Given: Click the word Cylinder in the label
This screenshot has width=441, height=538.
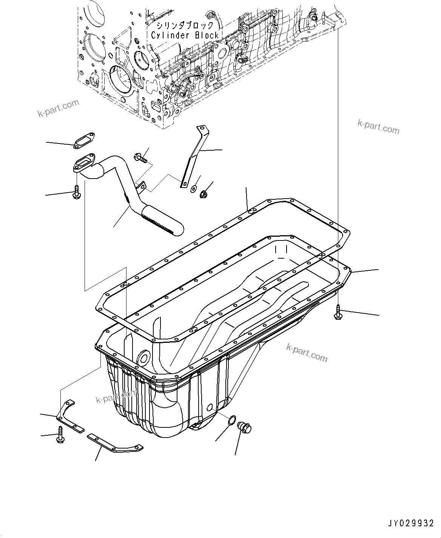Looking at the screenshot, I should [x=168, y=35].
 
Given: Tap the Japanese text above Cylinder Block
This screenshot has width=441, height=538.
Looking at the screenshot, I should [x=185, y=26].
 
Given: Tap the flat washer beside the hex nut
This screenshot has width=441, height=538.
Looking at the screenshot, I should [x=193, y=188].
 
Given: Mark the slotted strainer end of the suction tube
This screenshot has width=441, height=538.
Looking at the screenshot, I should [x=162, y=223].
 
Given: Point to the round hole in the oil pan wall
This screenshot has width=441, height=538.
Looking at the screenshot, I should [x=143, y=359].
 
